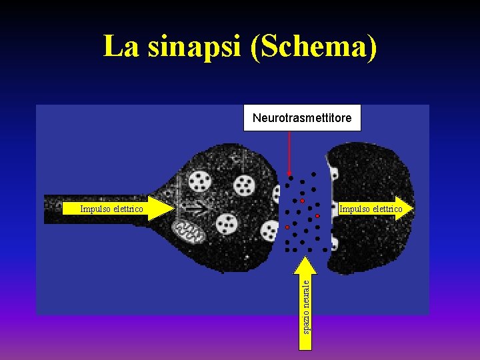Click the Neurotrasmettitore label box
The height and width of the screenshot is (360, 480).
301,118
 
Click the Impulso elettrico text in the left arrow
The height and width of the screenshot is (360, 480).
111,209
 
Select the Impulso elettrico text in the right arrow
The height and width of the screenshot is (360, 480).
370,209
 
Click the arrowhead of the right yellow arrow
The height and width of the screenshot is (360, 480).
404,209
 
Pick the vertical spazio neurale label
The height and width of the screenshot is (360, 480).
306,305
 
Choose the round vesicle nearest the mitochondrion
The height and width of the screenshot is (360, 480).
227,224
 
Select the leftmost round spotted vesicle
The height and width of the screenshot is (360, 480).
199,180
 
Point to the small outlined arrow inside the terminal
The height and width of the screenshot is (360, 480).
197,207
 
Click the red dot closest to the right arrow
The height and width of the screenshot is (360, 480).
318,216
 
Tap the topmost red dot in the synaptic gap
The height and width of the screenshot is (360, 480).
302,201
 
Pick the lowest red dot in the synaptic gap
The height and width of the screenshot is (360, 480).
287,227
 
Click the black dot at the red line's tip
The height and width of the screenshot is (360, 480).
290,178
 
